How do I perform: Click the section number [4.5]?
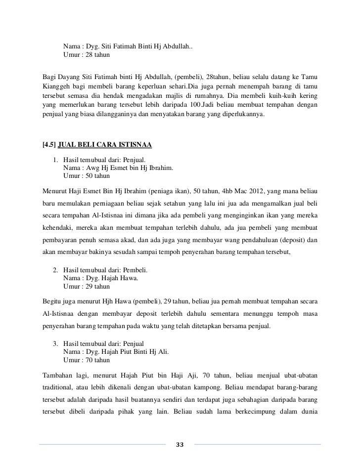49,145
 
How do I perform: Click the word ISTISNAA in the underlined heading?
135,145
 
